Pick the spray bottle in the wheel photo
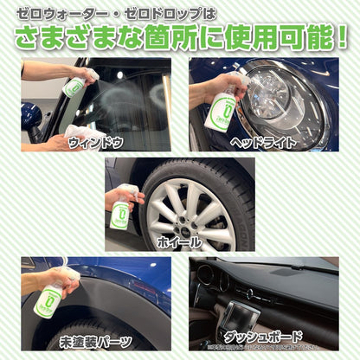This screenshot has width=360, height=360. click(120, 212)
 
